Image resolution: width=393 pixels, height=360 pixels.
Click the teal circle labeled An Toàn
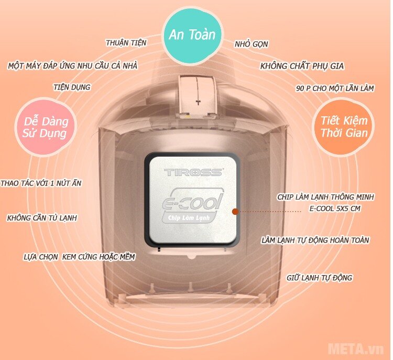point(192,35)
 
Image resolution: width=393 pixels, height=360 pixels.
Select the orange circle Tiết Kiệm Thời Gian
point(344,126)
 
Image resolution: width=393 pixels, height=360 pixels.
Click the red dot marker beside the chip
point(235,212)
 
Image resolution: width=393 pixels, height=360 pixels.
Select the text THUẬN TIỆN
point(126,42)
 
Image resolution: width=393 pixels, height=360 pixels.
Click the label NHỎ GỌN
point(252,44)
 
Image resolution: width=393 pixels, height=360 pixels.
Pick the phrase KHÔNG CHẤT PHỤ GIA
point(302,67)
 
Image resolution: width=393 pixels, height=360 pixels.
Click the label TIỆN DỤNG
point(72,87)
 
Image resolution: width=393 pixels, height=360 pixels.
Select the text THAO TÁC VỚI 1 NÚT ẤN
point(41,183)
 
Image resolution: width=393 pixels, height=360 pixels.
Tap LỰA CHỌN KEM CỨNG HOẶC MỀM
point(79,257)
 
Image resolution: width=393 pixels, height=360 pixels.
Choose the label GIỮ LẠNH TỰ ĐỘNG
point(319,278)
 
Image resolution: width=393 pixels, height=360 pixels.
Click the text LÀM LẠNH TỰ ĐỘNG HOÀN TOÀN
point(315,241)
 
